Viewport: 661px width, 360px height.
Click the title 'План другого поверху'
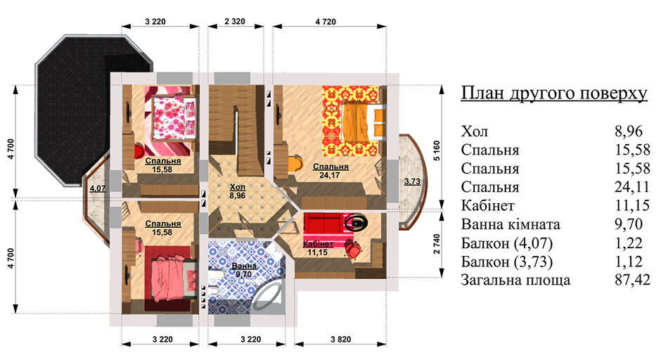point(554,93)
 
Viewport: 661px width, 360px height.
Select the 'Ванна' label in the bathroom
point(244,266)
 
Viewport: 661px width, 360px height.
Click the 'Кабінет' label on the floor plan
point(319,244)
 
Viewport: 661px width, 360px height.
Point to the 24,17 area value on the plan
point(330,175)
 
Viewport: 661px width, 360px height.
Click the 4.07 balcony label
point(97,188)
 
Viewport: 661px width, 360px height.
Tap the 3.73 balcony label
point(412,181)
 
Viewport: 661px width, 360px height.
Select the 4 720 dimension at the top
point(326,22)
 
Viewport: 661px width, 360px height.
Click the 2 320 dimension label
point(235,21)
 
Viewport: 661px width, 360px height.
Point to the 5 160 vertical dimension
point(437,150)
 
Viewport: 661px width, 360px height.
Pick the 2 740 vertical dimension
point(437,244)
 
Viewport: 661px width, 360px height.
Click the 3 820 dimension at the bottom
point(340,340)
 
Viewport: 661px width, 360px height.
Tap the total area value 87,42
point(632,280)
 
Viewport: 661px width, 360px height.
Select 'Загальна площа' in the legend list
point(515,281)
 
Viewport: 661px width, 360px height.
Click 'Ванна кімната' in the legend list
point(511,224)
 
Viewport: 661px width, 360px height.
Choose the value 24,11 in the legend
point(632,187)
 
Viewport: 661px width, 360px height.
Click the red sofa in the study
point(323,224)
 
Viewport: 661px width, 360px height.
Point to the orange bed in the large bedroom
point(364,122)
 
